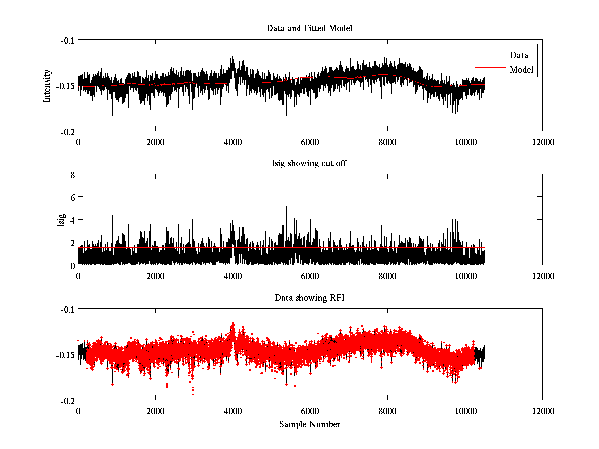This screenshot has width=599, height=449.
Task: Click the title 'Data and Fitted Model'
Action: (309, 28)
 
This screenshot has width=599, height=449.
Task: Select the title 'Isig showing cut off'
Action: (309, 163)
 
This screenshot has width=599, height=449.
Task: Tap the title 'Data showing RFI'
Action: (309, 298)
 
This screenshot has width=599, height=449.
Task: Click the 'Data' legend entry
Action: (519, 55)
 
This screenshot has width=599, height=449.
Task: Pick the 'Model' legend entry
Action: (521, 70)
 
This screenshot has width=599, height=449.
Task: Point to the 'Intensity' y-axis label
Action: (47, 86)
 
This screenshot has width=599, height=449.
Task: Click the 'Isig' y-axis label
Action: (61, 220)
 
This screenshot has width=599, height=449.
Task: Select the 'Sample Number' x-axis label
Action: (309, 424)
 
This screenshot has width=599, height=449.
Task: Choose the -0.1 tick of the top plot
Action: (67, 40)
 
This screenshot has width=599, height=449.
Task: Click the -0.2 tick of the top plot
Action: (67, 131)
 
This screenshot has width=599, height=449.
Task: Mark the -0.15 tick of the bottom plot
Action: (65, 355)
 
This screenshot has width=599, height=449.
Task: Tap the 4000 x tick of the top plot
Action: (233, 142)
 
